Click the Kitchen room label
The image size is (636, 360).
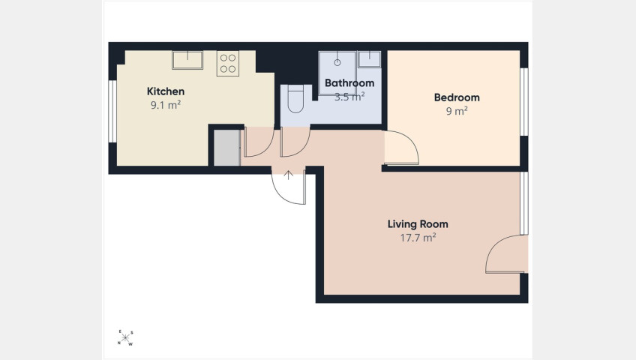pyautogui.click(x=166, y=91)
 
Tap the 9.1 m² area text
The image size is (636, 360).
pyautogui.click(x=166, y=105)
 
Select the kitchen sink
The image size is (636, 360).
pyautogui.click(x=187, y=60)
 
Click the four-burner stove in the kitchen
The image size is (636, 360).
pyautogui.click(x=227, y=63)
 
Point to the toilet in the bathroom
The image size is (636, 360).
pyautogui.click(x=295, y=98)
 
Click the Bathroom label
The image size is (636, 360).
pyautogui.click(x=349, y=83)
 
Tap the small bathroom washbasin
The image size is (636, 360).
pyautogui.click(x=369, y=58)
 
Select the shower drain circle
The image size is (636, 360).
pyautogui.click(x=337, y=62)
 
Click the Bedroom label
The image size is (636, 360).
pyautogui.click(x=457, y=97)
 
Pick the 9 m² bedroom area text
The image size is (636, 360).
pyautogui.click(x=457, y=111)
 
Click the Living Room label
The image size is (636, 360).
pyautogui.click(x=418, y=224)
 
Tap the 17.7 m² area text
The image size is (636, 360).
pyautogui.click(x=418, y=238)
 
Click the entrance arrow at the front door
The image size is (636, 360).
pyautogui.click(x=288, y=175)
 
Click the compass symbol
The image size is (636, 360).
pyautogui.click(x=125, y=337)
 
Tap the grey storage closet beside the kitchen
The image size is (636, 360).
pyautogui.click(x=226, y=148)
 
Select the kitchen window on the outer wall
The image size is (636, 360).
pyautogui.click(x=112, y=112)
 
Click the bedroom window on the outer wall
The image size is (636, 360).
pyautogui.click(x=524, y=102)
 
